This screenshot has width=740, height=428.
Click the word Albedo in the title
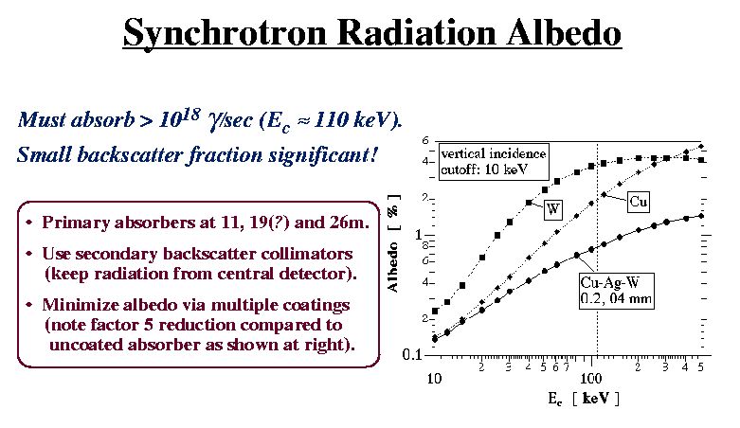coord(564,32)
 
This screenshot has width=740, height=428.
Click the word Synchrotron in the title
coord(225,34)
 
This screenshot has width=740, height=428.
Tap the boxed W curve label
coord(553,209)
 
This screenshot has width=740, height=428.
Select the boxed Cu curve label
coord(638,202)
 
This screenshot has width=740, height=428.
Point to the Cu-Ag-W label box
coord(617,291)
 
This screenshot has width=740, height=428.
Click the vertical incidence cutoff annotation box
coord(494,162)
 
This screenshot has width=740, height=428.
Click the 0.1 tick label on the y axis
coord(412,354)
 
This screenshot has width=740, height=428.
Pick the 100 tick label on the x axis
coord(591,378)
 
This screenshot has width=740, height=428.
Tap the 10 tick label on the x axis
coord(434,378)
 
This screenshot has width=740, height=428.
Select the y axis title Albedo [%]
coord(393,242)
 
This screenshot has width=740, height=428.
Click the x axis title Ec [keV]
coord(583,399)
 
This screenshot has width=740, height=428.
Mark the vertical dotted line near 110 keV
coord(598,249)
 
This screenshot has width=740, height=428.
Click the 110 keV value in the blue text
coord(353,120)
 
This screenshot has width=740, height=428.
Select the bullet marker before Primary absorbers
coord(29,223)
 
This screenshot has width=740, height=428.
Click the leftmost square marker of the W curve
coord(435,311)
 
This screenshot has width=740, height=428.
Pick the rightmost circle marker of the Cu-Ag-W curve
coord(701,216)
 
